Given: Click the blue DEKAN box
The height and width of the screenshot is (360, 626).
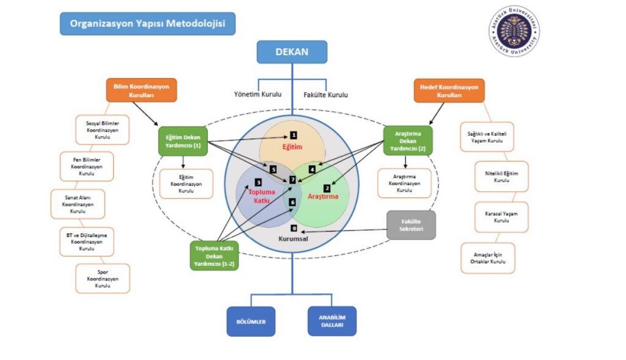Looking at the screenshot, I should coord(292,52).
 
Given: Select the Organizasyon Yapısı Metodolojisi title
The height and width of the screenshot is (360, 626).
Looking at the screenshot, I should coord(147,23).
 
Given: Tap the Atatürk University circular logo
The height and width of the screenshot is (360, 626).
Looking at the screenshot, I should coord(514,31).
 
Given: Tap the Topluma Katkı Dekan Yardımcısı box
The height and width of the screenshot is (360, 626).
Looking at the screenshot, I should coord(215,255).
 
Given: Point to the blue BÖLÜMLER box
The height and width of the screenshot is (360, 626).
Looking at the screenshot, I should coord(251,321).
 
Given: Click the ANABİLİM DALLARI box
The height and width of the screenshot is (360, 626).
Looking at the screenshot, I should coord(332,321).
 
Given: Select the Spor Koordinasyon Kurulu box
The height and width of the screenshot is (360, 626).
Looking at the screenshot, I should coord(103,278).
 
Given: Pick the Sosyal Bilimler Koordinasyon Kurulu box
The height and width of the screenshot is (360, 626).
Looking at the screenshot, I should coord(102,130).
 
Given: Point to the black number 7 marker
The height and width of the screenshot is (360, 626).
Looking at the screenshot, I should coord(293,180).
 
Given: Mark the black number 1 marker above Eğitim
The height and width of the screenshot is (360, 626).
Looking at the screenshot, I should coord(293,134).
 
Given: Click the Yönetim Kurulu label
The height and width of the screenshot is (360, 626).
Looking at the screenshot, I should coord(258,95).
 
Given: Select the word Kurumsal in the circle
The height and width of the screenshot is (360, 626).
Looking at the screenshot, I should coord(293,239).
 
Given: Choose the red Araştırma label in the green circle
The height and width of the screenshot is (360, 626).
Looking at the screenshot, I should coord(322,197).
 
